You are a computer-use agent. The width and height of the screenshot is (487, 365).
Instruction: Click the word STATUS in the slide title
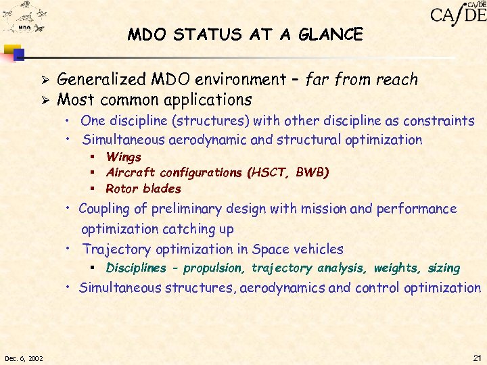click(202, 34)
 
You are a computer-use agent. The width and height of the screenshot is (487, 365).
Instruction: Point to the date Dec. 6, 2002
click(23, 357)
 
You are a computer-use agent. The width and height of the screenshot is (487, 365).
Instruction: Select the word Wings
click(124, 157)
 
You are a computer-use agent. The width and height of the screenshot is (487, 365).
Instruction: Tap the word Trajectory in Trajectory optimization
click(116, 249)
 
